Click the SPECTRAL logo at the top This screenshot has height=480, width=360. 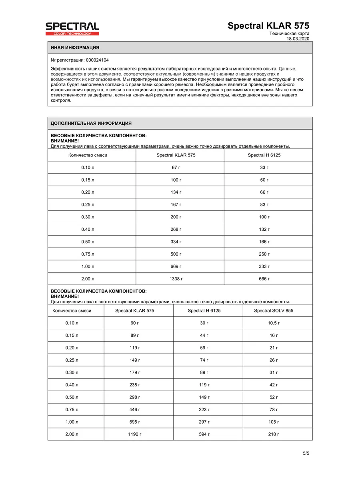pyautogui.click(x=72, y=29)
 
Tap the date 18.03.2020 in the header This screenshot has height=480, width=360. pyautogui.click(x=298, y=39)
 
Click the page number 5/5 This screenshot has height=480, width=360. pyautogui.click(x=306, y=453)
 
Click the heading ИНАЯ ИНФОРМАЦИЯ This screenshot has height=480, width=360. pyautogui.click(x=75, y=48)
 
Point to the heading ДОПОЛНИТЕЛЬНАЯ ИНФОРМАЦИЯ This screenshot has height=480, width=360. pyautogui.click(x=91, y=123)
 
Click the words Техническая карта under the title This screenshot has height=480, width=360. pyautogui.click(x=289, y=34)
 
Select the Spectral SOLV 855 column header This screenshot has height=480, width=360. pyautogui.click(x=274, y=310)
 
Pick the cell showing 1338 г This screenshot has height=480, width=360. pyautogui.click(x=176, y=279)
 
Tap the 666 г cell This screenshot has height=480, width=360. pyautogui.click(x=264, y=279)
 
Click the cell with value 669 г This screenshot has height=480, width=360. pyautogui.click(x=176, y=266)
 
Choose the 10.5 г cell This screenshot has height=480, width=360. pyautogui.click(x=274, y=323)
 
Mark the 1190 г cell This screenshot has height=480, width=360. pyautogui.click(x=134, y=434)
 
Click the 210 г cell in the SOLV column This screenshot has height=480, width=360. pyautogui.click(x=274, y=434)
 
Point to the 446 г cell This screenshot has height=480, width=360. pyautogui.click(x=134, y=410)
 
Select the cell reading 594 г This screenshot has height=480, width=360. pyautogui.click(x=204, y=434)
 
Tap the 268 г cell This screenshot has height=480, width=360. pyautogui.click(x=176, y=229)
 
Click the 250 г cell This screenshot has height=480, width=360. pyautogui.click(x=264, y=254)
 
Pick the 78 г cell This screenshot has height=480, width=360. pyautogui.click(x=274, y=410)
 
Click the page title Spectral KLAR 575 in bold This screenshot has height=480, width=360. pyautogui.click(x=268, y=26)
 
